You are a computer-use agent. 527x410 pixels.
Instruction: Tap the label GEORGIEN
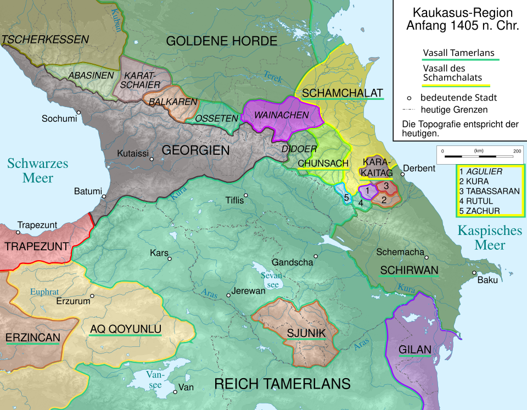(x=195, y=150)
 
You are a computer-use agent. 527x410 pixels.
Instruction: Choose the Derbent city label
(x=419, y=169)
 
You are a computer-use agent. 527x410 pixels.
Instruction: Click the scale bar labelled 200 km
(x=479, y=156)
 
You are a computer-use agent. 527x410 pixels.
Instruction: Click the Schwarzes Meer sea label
(x=38, y=170)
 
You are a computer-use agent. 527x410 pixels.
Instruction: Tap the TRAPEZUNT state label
(x=36, y=246)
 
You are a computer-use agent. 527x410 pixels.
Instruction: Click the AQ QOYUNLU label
(x=126, y=329)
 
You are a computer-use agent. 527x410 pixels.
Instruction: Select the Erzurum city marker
(x=92, y=296)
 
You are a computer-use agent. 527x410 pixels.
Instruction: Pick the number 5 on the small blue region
(x=346, y=198)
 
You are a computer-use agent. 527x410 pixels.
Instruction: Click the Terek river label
(x=273, y=77)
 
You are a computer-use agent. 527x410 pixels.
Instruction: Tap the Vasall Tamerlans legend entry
(x=458, y=54)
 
